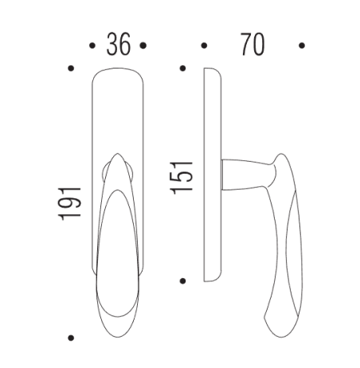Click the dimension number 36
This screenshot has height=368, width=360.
118,45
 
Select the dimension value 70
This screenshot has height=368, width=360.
252,45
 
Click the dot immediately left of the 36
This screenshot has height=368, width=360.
94,45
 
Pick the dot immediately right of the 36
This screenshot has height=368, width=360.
143,45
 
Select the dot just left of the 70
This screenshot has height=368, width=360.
205,45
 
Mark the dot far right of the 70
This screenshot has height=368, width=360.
301,45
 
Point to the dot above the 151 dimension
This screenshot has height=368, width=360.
182,69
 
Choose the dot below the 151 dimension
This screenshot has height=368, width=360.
182,280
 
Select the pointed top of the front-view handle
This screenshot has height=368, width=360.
117,157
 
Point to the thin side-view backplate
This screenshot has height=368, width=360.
211,175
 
